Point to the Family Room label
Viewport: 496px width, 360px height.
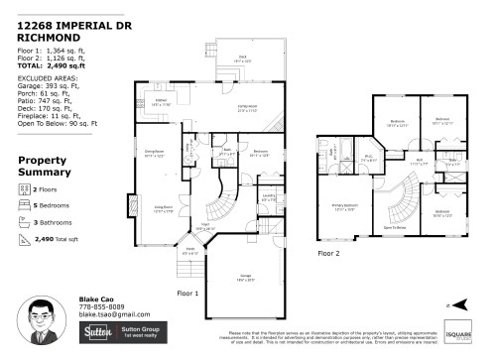pos(247,110)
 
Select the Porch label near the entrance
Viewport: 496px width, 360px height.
pos(190,250)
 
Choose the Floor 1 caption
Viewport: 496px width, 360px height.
pos(187,294)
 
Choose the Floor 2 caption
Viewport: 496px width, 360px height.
pos(329,254)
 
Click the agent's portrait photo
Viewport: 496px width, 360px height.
pos(55,323)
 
